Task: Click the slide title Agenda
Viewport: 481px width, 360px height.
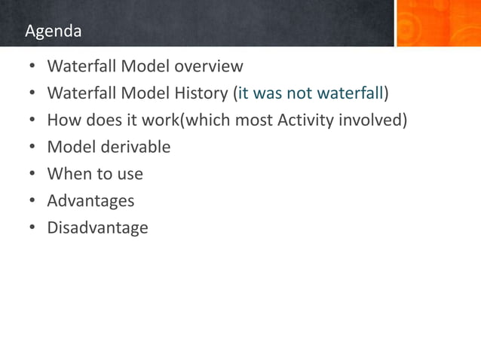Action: click(53, 32)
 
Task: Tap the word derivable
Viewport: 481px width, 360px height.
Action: click(135, 147)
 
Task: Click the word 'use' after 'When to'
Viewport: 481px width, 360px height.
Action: click(129, 174)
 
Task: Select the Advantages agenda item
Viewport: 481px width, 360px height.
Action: click(90, 201)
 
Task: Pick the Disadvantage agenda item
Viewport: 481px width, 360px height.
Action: click(97, 227)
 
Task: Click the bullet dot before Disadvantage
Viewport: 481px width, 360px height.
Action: click(32, 228)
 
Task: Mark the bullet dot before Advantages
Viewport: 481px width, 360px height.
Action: click(32, 201)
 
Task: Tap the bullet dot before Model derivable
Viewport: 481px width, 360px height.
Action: click(32, 148)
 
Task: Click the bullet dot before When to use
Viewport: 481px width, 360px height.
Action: click(32, 175)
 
